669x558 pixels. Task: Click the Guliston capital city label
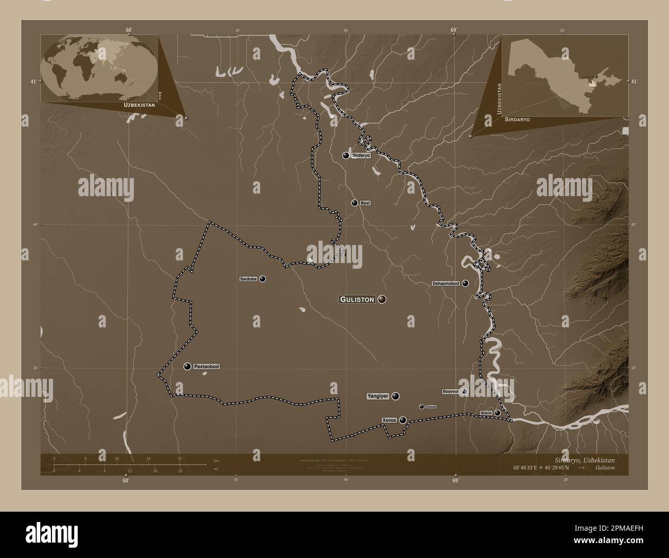point(357,299)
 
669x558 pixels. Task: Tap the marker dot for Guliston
point(382,299)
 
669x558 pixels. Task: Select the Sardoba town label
point(248,279)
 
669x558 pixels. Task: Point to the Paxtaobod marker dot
point(187,367)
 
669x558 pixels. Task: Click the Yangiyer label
point(377,396)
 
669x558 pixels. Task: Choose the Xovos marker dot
point(403,420)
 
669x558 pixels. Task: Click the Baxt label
point(365,203)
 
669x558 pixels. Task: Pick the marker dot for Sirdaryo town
point(346,155)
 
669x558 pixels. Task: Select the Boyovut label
point(450,392)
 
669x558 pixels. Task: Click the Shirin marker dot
point(497,413)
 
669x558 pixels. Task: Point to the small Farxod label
point(431,407)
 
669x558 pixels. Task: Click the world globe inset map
point(99,68)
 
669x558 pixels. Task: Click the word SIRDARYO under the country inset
point(518,119)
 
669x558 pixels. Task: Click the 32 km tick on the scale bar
point(179,458)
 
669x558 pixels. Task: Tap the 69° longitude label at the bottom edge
point(455,481)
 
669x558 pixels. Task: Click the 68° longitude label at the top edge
point(128,30)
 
